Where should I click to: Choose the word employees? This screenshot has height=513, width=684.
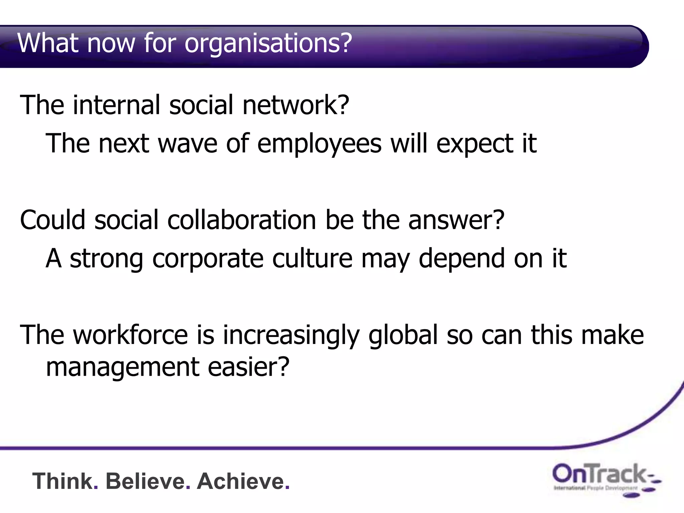tap(319, 144)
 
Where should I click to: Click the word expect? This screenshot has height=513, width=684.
tap(474, 144)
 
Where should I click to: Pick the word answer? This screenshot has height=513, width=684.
tap(456, 220)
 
